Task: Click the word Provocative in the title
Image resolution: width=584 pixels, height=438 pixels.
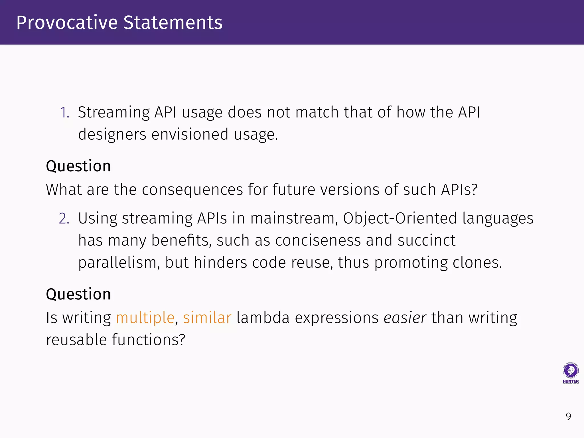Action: (x=67, y=23)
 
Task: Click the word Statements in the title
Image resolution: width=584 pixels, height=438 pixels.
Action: (x=173, y=23)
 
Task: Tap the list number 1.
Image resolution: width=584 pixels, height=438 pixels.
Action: (x=64, y=112)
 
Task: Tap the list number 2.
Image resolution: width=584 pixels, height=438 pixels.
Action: (x=64, y=219)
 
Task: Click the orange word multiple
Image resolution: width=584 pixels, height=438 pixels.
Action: (x=145, y=318)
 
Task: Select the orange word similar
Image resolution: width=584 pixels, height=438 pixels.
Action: (x=207, y=318)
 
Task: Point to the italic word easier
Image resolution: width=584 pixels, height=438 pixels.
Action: (x=405, y=318)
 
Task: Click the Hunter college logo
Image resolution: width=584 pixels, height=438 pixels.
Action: (x=571, y=373)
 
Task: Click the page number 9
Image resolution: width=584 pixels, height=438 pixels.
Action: (x=568, y=417)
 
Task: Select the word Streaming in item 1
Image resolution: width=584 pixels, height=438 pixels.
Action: (x=114, y=112)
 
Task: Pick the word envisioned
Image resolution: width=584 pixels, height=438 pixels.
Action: (x=190, y=134)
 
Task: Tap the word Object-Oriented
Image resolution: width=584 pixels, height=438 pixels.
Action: (x=400, y=219)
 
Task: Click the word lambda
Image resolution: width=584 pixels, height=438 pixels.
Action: (x=263, y=318)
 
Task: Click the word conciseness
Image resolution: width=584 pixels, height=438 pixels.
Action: (x=318, y=240)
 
